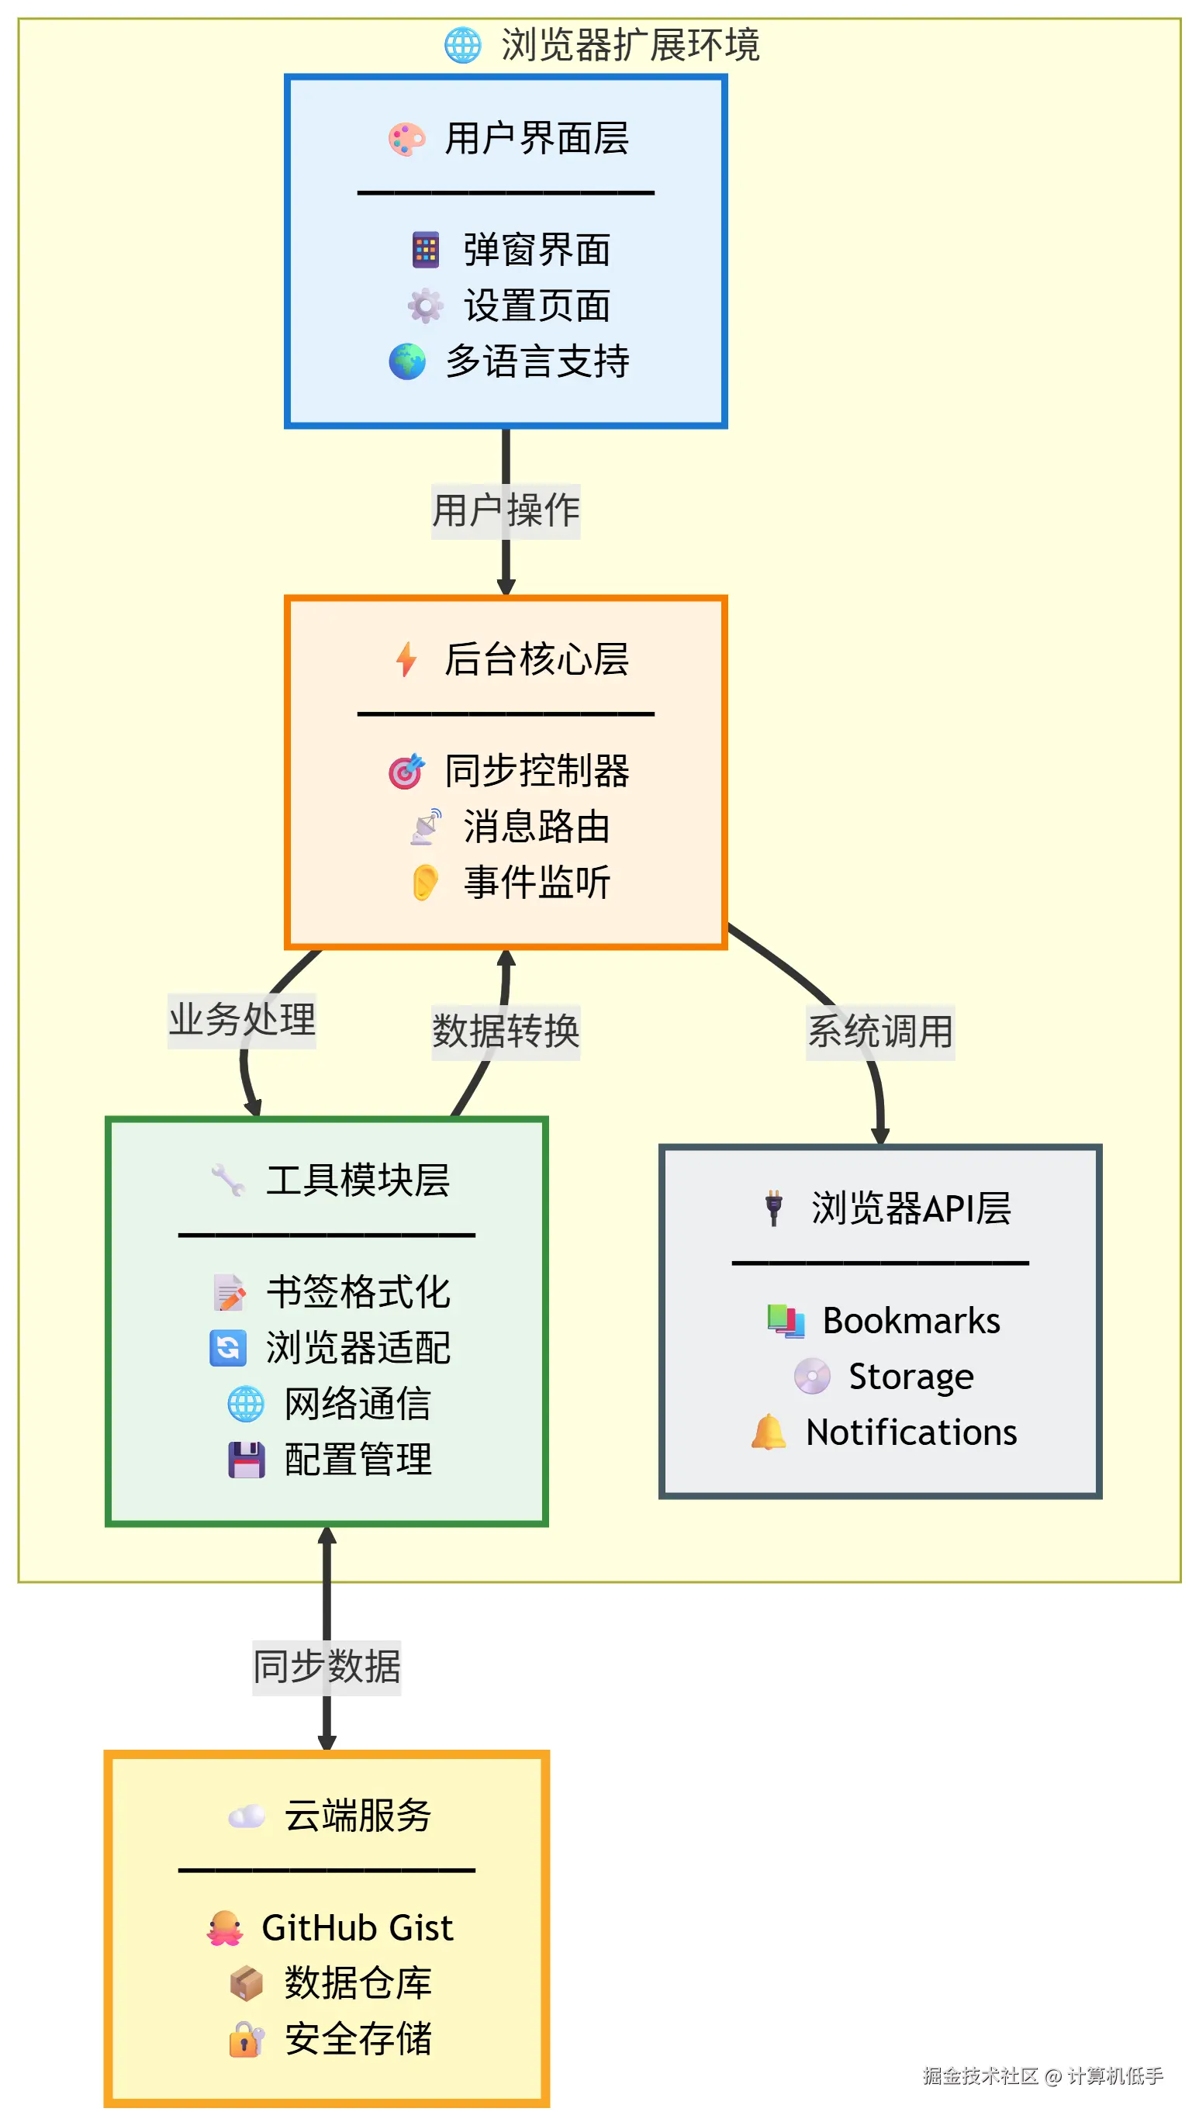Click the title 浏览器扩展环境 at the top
pyautogui.click(x=630, y=45)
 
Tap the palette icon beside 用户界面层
pyautogui.click(x=407, y=139)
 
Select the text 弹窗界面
pyautogui.click(x=537, y=251)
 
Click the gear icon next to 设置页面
pyautogui.click(x=425, y=306)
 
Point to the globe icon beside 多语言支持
pyautogui.click(x=407, y=362)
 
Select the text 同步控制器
pyautogui.click(x=537, y=771)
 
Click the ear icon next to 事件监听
pyautogui.click(x=425, y=883)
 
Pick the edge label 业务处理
pyautogui.click(x=242, y=1020)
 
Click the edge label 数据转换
pyautogui.click(x=506, y=1032)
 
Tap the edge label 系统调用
pyautogui.click(x=880, y=1032)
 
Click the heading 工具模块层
pyautogui.click(x=358, y=1180)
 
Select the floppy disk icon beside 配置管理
pyautogui.click(x=246, y=1460)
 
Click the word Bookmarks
pyautogui.click(x=911, y=1321)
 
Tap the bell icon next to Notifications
pyautogui.click(x=769, y=1433)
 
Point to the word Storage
pyautogui.click(x=911, y=1377)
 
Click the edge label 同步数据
pyautogui.click(x=327, y=1668)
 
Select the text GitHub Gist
pyautogui.click(x=358, y=1927)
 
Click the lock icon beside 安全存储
pyautogui.click(x=246, y=2040)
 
